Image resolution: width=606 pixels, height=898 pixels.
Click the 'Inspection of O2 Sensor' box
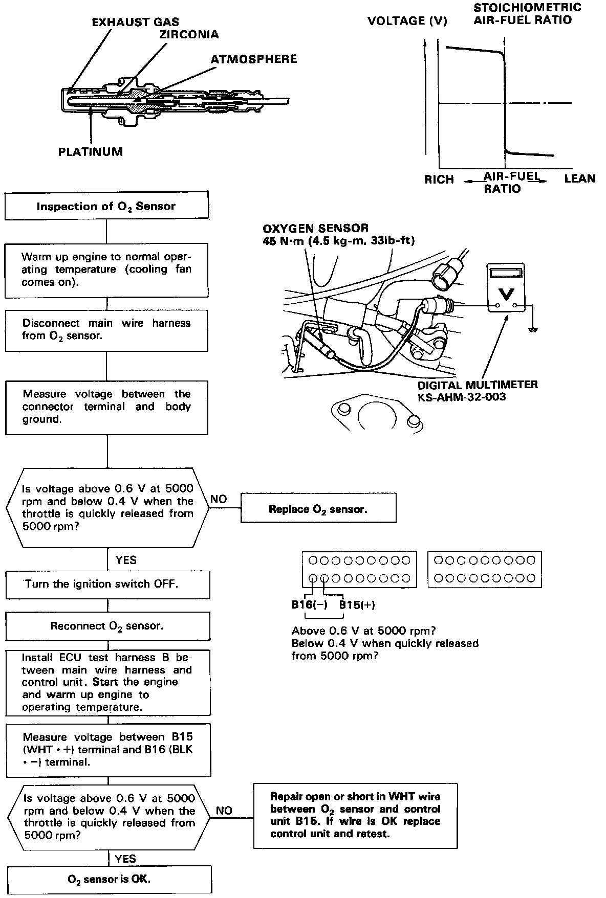[x=106, y=207]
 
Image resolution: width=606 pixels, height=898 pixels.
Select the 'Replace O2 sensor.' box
[x=318, y=509]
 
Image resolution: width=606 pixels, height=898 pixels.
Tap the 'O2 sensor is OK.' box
[x=109, y=880]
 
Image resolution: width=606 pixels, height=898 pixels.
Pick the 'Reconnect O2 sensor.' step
[x=107, y=626]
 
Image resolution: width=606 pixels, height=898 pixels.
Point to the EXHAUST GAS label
[x=136, y=22]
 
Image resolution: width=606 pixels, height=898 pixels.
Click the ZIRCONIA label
[x=189, y=35]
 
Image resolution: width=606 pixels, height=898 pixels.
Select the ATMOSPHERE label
[x=254, y=59]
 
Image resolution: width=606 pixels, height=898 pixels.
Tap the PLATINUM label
[x=91, y=152]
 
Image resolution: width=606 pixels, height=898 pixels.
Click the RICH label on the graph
[x=439, y=179]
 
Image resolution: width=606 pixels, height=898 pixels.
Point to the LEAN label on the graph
[x=580, y=178]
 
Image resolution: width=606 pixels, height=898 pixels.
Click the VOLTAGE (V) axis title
[x=407, y=21]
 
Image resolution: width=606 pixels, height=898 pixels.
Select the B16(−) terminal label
[x=310, y=605]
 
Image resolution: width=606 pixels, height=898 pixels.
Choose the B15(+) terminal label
[x=357, y=605]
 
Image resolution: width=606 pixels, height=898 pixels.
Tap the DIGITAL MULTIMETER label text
[x=478, y=385]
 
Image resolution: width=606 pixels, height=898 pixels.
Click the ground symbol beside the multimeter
[x=533, y=330]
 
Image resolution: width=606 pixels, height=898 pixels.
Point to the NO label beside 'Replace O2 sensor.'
[x=219, y=499]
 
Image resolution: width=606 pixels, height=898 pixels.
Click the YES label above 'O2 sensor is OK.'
[x=126, y=859]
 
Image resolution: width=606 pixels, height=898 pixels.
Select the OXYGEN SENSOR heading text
[x=315, y=228]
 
